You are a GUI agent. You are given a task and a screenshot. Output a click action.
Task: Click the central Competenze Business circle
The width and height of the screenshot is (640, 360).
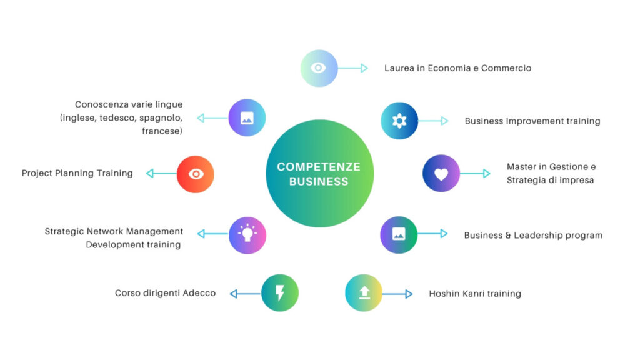[320, 174]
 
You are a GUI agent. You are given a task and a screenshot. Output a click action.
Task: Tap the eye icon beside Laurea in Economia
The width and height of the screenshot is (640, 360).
[319, 68]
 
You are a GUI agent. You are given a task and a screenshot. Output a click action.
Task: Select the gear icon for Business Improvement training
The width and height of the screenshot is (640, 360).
[399, 121]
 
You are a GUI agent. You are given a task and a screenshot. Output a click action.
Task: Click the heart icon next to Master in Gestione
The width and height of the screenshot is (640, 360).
[441, 173]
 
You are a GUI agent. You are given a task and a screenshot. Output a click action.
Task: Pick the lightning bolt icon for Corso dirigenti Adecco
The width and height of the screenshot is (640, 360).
[280, 293]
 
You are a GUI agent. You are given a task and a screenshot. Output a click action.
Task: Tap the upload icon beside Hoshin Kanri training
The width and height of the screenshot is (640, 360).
[364, 293]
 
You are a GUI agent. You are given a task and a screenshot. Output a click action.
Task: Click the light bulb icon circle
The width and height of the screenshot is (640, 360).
[247, 235]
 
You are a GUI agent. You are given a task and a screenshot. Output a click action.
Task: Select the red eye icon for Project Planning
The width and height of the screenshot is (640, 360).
[196, 174]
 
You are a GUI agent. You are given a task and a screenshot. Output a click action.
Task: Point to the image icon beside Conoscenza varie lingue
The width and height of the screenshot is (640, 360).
[247, 117]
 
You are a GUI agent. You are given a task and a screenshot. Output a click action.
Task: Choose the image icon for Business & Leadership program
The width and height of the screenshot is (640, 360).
[399, 234]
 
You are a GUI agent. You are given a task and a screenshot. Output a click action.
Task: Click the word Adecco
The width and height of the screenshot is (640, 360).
[199, 293]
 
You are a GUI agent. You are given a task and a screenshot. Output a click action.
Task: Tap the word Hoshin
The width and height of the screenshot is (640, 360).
[444, 294]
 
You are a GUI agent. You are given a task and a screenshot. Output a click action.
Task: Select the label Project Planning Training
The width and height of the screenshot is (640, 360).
[77, 173]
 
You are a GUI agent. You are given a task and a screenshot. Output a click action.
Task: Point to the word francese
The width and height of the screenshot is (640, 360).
[162, 131]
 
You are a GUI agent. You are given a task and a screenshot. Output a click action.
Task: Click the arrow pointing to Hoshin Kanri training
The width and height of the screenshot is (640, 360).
[397, 294]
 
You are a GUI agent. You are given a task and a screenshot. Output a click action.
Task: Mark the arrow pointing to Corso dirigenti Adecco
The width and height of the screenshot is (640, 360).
[245, 294]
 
